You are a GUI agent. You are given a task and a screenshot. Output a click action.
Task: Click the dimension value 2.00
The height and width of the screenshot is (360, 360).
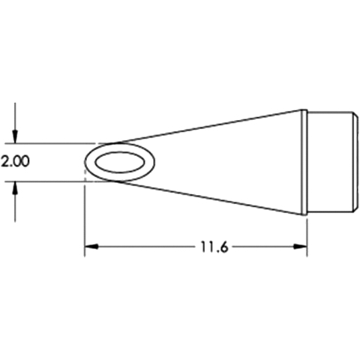click(x=15, y=162)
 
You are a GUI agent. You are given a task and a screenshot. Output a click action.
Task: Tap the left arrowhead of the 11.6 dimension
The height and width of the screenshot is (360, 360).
click(x=89, y=245)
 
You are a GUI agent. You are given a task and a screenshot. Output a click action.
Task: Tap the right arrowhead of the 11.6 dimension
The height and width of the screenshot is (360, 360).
click(x=302, y=245)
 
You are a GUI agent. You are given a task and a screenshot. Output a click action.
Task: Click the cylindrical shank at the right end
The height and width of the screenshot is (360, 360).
click(x=330, y=162)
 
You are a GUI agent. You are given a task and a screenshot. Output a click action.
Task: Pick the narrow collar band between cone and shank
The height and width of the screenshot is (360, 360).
click(x=304, y=162)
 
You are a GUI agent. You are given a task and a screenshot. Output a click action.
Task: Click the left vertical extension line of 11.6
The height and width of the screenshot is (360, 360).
click(x=84, y=217)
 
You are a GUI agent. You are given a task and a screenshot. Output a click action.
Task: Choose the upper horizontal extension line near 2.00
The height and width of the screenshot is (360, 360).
click(x=52, y=142)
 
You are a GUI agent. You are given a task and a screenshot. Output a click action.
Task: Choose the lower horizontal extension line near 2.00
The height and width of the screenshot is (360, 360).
click(x=52, y=181)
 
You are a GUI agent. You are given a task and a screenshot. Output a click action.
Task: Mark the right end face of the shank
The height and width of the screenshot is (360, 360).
click(x=355, y=162)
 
